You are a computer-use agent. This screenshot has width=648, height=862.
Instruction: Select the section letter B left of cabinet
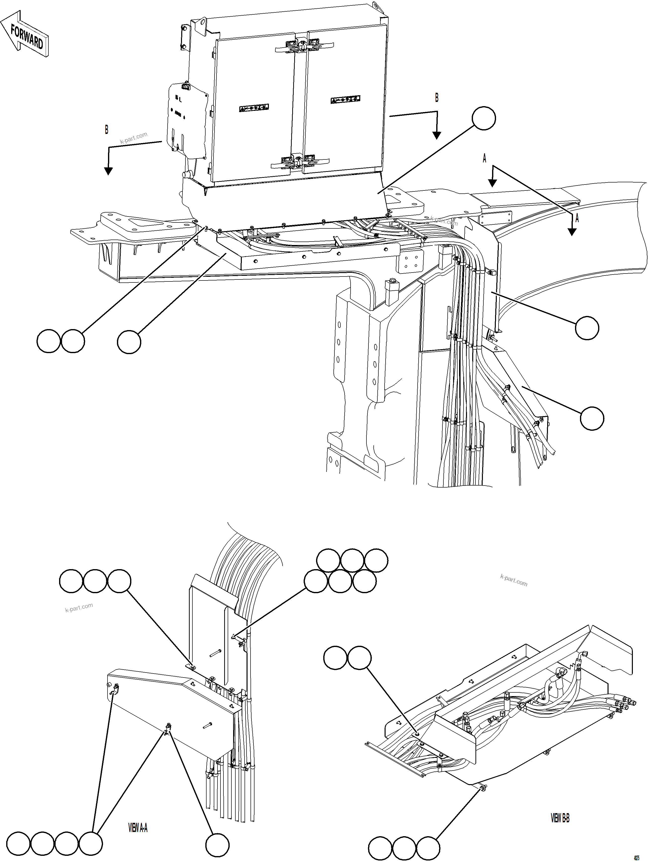tap(107, 130)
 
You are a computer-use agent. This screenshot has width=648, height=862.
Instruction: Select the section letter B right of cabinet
tap(436, 98)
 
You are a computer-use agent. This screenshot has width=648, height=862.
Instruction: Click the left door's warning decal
tap(254, 108)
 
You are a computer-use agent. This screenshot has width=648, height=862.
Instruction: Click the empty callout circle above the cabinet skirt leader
tap(484, 119)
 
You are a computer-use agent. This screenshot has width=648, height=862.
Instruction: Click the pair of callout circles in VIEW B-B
tap(347, 658)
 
